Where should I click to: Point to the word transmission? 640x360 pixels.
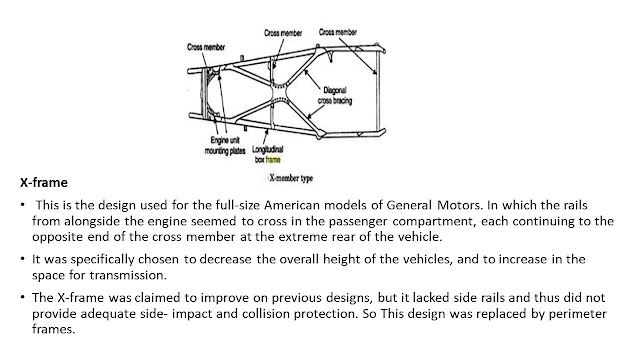128,276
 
